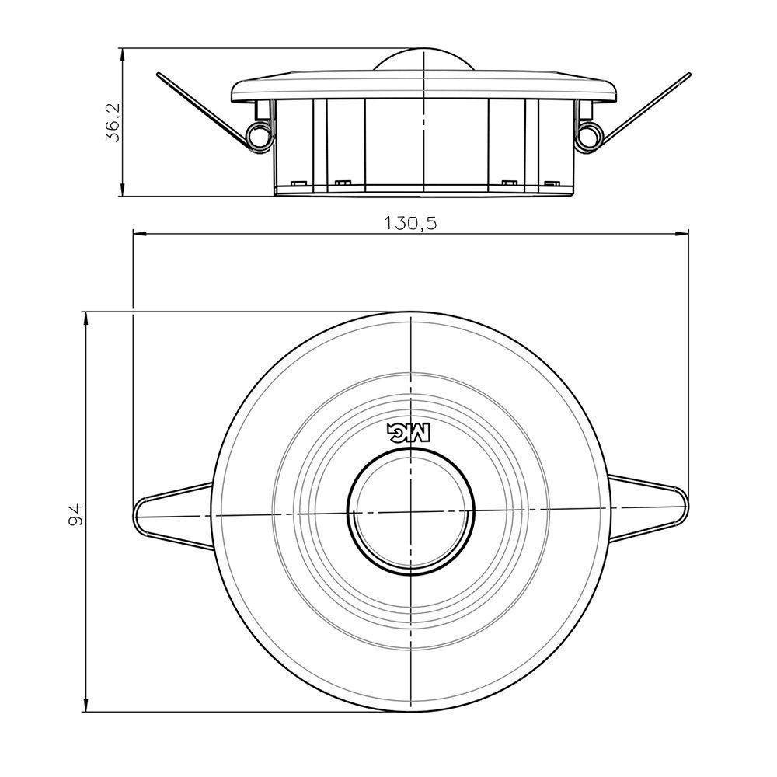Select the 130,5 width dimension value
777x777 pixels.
411,223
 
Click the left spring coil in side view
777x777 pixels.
257,135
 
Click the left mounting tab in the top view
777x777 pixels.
167,515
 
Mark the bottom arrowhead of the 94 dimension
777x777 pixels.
85,710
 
